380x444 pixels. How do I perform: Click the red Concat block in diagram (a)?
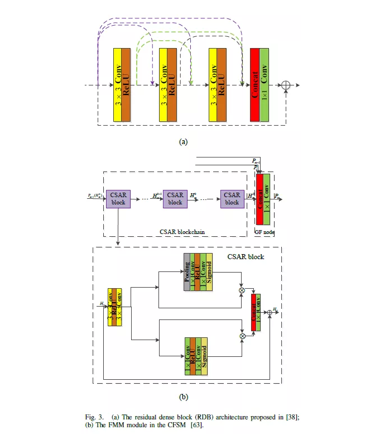click(255, 84)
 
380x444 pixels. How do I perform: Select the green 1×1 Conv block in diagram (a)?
click(264, 84)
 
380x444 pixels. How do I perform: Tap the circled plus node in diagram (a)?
click(287, 85)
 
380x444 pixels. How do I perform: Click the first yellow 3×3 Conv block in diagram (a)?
click(117, 84)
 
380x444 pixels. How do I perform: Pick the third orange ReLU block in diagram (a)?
click(222, 84)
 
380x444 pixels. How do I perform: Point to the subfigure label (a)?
click(183, 142)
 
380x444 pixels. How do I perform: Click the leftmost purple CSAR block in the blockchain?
click(118, 199)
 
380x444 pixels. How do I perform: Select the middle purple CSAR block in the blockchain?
click(175, 199)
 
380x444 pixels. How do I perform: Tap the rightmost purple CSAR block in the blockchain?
click(232, 199)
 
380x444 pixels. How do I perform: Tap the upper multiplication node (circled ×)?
click(242, 291)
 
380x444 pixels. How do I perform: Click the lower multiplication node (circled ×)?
click(242, 336)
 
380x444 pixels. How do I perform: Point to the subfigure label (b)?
click(183, 398)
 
